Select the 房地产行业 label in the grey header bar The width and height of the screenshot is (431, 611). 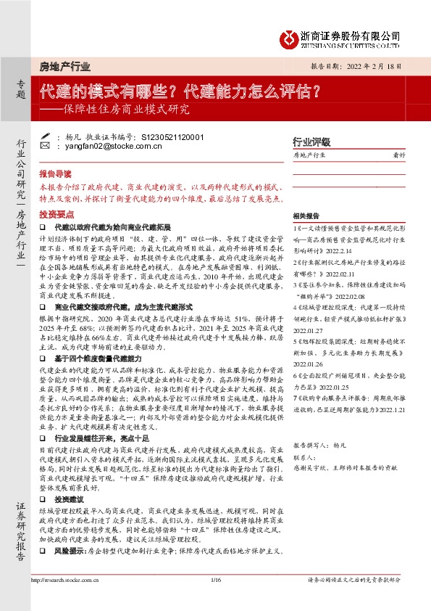(x=64, y=67)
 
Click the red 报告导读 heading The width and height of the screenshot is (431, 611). (x=55, y=174)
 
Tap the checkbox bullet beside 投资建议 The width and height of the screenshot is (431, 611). (x=43, y=501)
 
